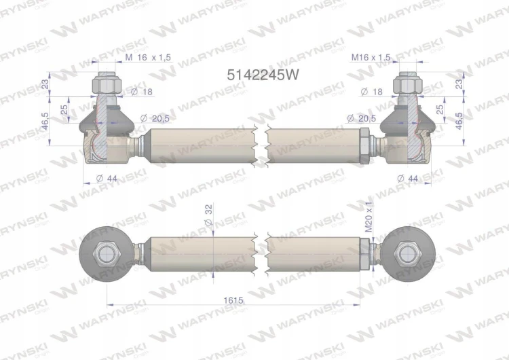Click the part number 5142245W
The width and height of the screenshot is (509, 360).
262,75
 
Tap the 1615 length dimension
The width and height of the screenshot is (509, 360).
233,300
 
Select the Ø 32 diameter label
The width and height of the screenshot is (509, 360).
208,215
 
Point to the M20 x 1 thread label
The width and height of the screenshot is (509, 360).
369,217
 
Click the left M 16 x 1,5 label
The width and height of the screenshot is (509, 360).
148,58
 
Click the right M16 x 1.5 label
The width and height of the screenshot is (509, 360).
371,58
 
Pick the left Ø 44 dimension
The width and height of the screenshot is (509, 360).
107,179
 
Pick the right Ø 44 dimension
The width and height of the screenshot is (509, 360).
408,178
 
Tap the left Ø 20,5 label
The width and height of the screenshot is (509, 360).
155,118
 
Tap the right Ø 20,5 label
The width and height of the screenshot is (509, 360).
361,118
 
